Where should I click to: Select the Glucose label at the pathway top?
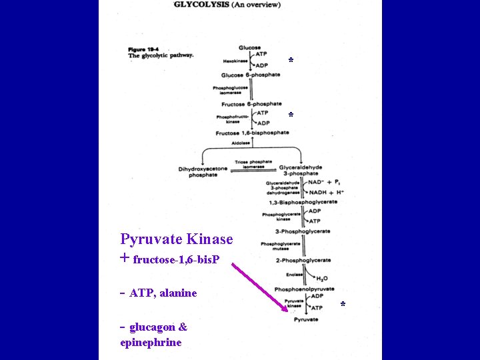click(x=250, y=47)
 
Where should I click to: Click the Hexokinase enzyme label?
click(x=235, y=61)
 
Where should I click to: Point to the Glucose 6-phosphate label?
click(x=251, y=75)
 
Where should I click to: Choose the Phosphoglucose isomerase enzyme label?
click(x=231, y=90)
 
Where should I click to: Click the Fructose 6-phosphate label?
click(x=251, y=104)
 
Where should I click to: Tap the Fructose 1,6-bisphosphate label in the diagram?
click(x=252, y=133)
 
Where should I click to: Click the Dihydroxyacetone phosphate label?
click(x=203, y=172)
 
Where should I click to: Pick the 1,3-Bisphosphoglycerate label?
click(x=303, y=202)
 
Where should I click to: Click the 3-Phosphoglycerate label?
click(x=302, y=231)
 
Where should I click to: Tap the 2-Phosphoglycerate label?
click(x=302, y=260)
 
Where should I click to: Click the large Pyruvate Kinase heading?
click(x=177, y=239)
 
